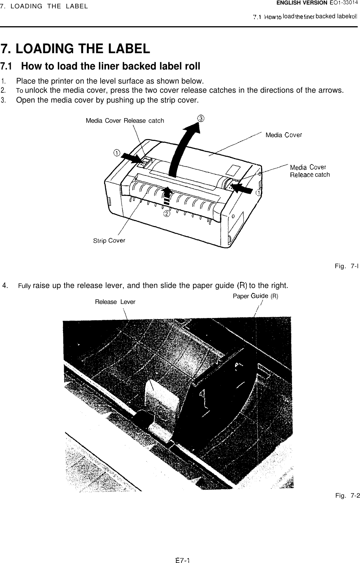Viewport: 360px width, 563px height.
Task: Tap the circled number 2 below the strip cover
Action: [x=166, y=214]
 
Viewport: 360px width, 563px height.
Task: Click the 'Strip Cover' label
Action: [x=109, y=240]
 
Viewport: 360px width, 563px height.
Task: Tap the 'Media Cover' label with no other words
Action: [x=284, y=134]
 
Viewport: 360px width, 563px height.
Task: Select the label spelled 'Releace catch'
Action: [x=309, y=175]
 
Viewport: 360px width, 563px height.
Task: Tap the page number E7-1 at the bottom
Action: [x=183, y=560]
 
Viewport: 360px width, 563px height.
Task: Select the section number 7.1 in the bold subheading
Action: [x=8, y=66]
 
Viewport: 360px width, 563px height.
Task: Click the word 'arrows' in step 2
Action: [x=331, y=90]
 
